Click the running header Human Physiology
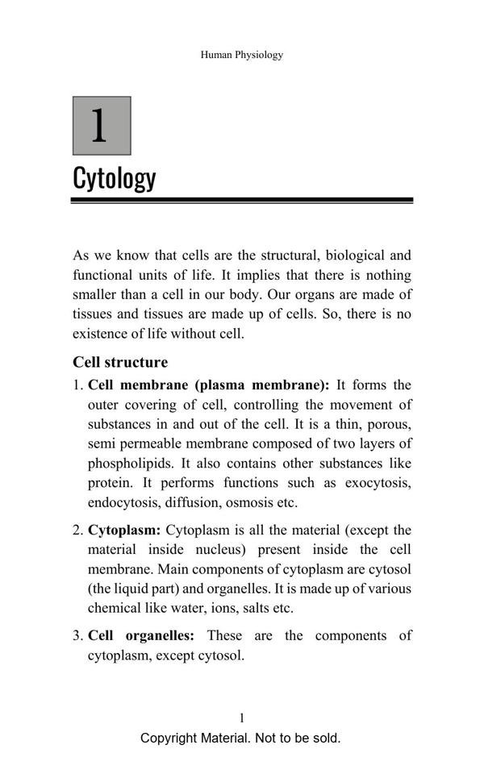(x=242, y=55)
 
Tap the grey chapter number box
(x=102, y=126)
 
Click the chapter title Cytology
(x=115, y=177)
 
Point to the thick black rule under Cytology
(x=242, y=199)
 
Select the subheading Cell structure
(x=120, y=362)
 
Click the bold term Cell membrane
(x=137, y=385)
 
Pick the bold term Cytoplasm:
(x=124, y=531)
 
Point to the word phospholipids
(x=131, y=464)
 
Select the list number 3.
(x=77, y=635)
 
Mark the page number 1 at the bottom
(x=242, y=718)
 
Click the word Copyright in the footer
(x=169, y=738)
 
